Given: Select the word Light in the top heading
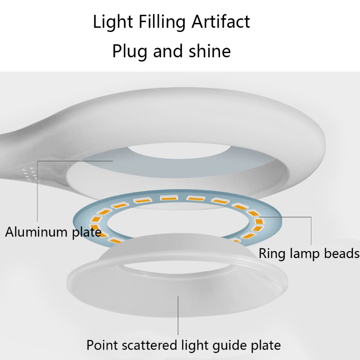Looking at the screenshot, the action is point(108,22).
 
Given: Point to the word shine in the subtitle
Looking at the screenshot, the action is point(208,50).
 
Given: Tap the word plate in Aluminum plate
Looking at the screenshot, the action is point(87,232).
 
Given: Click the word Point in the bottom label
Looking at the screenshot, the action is point(102,345).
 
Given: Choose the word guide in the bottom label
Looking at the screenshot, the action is point(229,346).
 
